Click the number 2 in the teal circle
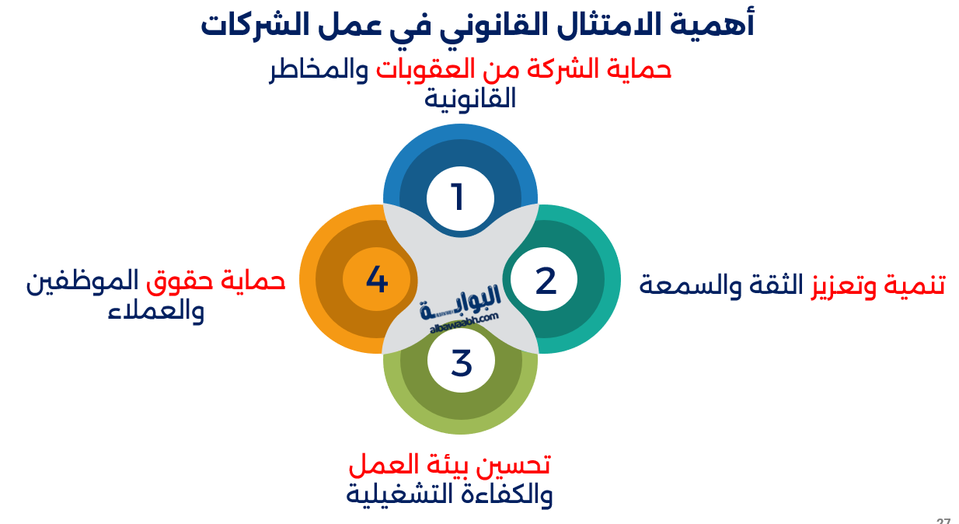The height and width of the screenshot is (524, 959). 546,281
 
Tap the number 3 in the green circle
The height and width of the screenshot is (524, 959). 462,362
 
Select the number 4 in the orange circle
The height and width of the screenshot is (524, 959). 376,280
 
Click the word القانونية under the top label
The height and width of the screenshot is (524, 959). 470,100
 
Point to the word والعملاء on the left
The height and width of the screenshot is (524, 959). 155,310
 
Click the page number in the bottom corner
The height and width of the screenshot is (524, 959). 943,520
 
